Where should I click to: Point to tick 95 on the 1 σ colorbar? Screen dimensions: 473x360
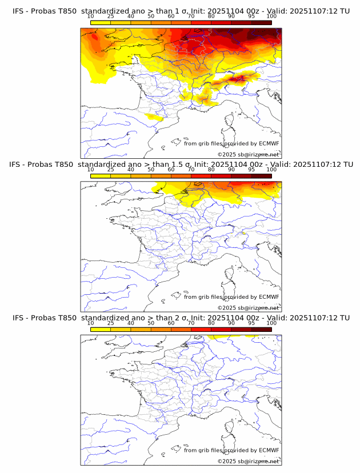point(251,17)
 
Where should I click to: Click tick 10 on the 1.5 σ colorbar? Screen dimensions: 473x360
point(91,170)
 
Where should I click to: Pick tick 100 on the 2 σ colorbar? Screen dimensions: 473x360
point(271,323)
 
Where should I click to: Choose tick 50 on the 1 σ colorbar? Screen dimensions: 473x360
point(151,17)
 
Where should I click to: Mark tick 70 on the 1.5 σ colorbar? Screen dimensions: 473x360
point(191,170)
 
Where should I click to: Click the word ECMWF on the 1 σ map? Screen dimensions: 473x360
point(269,144)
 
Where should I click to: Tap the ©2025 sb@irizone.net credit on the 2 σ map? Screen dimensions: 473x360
point(248,461)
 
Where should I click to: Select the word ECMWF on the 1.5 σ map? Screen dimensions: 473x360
point(269,297)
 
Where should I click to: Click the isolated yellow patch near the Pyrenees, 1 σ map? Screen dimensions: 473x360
point(153,117)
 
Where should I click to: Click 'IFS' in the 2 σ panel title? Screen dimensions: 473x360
point(18,318)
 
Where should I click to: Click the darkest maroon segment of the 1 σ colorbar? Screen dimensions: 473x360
point(261,22)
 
